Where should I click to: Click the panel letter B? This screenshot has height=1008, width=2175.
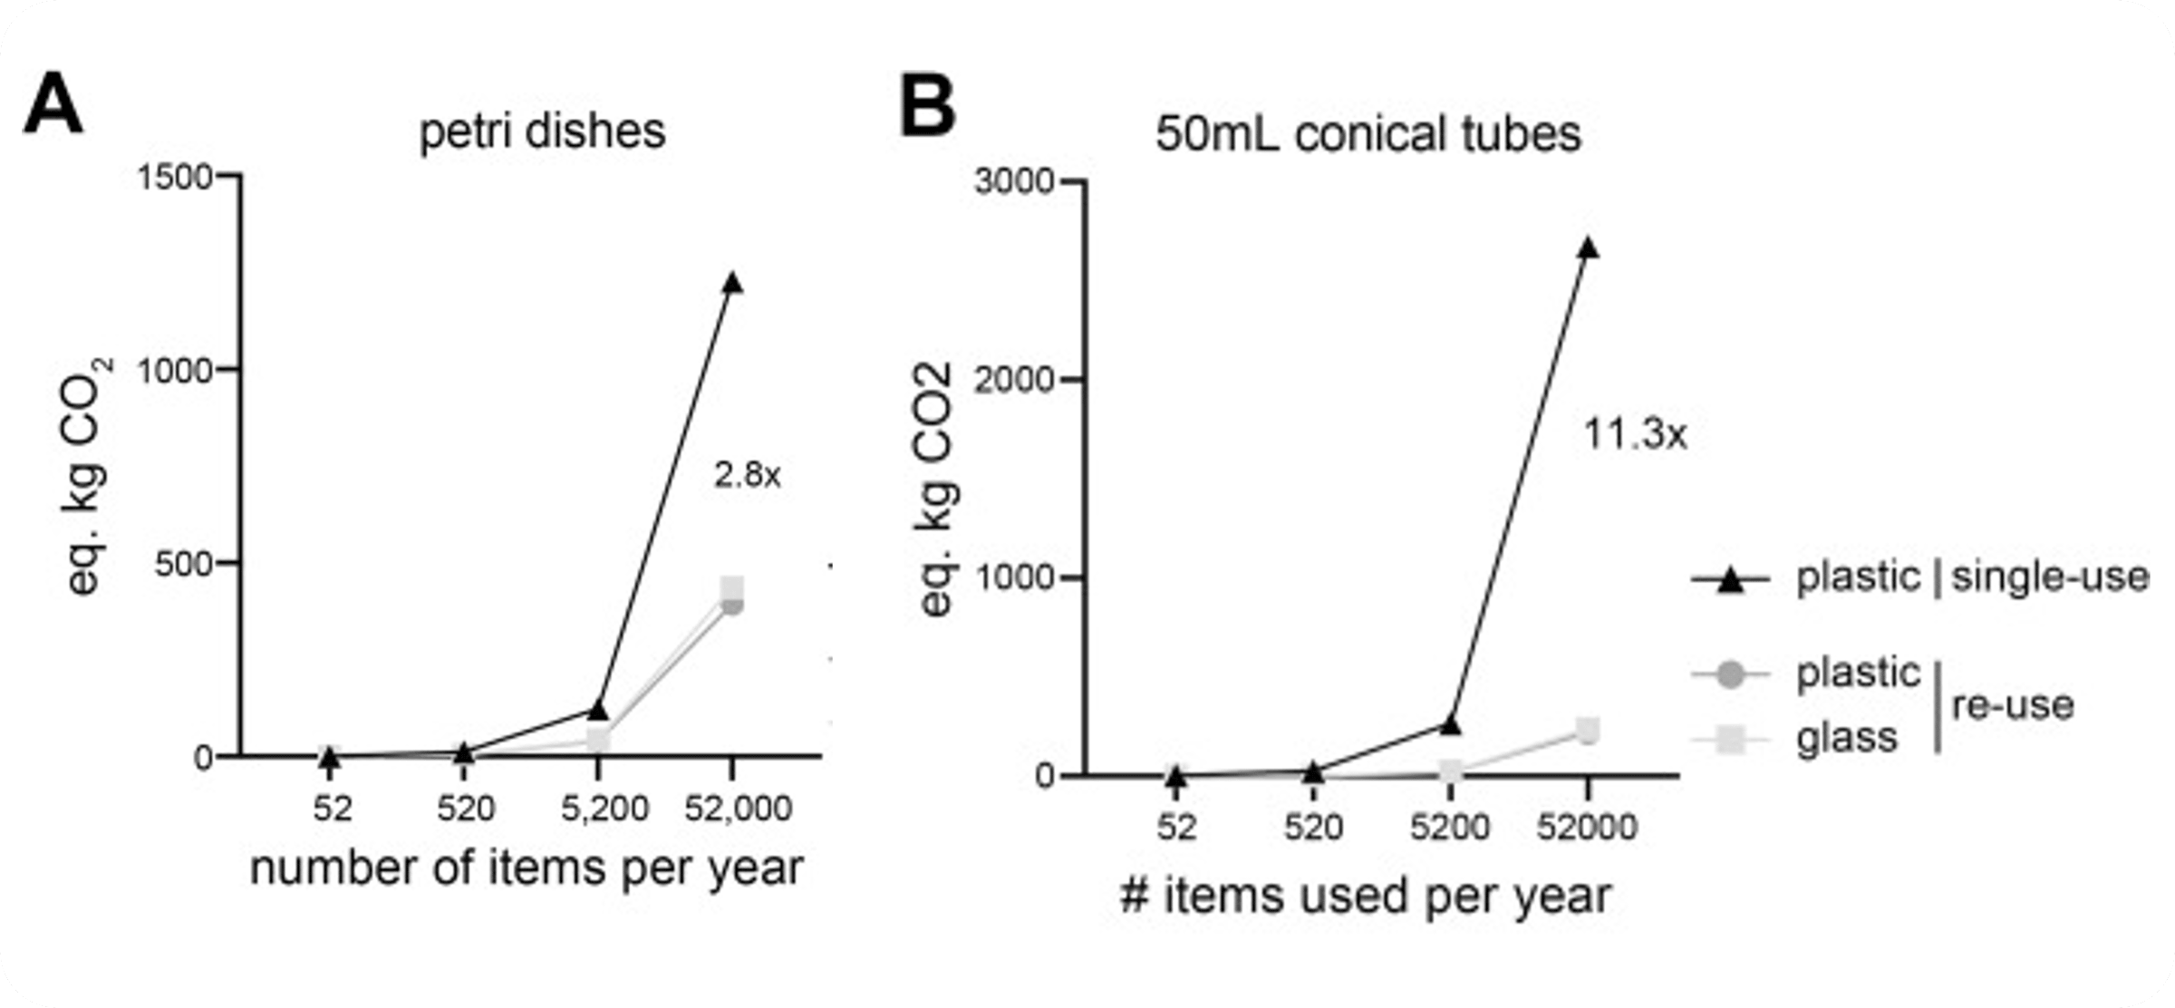pyautogui.click(x=926, y=107)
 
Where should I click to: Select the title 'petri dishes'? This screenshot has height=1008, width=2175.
pyautogui.click(x=542, y=131)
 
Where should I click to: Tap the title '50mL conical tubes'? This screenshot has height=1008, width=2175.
pyautogui.click(x=1368, y=134)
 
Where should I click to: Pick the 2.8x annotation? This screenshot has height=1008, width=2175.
pyautogui.click(x=747, y=475)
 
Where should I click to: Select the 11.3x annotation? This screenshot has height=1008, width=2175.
pyautogui.click(x=1635, y=435)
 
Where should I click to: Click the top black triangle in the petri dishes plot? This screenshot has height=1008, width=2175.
pyautogui.click(x=732, y=283)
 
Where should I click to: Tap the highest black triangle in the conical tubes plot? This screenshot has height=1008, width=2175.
pyautogui.click(x=1588, y=248)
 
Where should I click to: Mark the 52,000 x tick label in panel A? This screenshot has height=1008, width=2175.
pyautogui.click(x=738, y=809)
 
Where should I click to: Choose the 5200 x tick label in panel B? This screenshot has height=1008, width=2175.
pyautogui.click(x=1450, y=827)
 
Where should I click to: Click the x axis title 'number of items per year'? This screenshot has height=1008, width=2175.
pyautogui.click(x=527, y=868)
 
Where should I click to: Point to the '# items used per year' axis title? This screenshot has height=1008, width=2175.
pyautogui.click(x=1366, y=896)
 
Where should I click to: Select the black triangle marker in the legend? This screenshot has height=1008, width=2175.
pyautogui.click(x=1731, y=579)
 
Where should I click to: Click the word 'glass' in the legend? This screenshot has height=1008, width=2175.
pyautogui.click(x=1846, y=737)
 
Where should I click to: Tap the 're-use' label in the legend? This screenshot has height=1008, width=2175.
pyautogui.click(x=2012, y=705)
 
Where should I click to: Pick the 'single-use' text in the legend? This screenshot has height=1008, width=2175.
pyautogui.click(x=2049, y=577)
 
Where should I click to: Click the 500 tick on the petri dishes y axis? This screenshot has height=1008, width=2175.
pyautogui.click(x=183, y=564)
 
